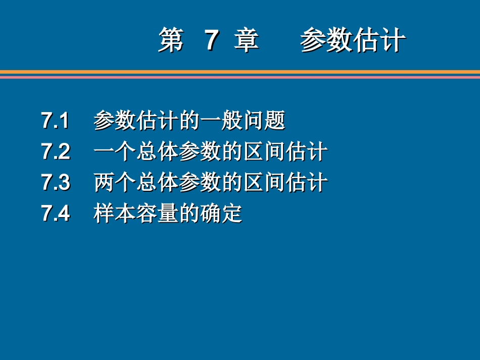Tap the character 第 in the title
(171, 41)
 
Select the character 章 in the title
(247, 41)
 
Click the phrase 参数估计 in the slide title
(353, 41)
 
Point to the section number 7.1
(56, 121)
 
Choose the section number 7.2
(56, 152)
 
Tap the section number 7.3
(56, 183)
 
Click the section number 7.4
(56, 214)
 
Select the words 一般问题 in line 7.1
(243, 121)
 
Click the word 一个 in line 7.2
(115, 152)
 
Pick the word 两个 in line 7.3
(115, 183)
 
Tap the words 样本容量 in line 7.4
(136, 214)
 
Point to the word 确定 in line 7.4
(221, 214)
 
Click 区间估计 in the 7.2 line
(285, 152)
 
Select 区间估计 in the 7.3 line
(285, 183)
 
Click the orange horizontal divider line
(240, 72)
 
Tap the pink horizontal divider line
(240, 77)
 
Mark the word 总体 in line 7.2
(157, 152)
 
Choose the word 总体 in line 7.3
(157, 183)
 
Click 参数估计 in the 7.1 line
(136, 121)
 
